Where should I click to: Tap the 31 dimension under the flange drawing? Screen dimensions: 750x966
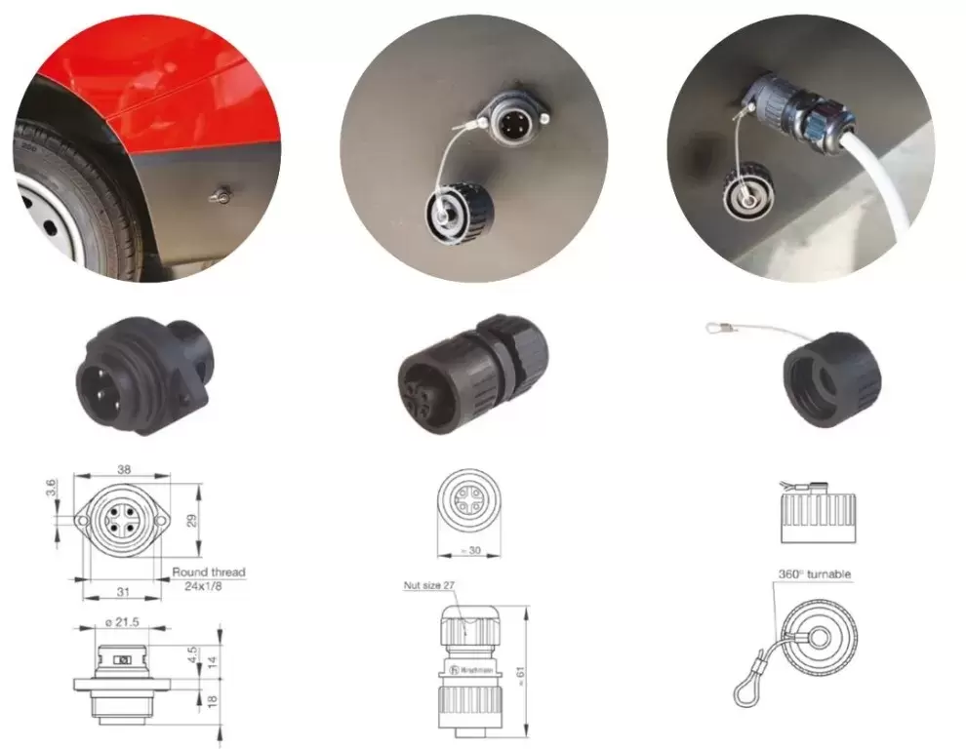(x=122, y=591)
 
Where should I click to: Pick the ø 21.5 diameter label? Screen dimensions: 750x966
(x=123, y=620)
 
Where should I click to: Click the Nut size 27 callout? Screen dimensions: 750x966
(x=430, y=586)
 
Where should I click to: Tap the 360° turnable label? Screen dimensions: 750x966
(x=815, y=574)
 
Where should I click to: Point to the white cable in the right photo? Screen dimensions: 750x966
(x=883, y=190)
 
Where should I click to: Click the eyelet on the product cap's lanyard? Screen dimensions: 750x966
(x=715, y=329)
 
